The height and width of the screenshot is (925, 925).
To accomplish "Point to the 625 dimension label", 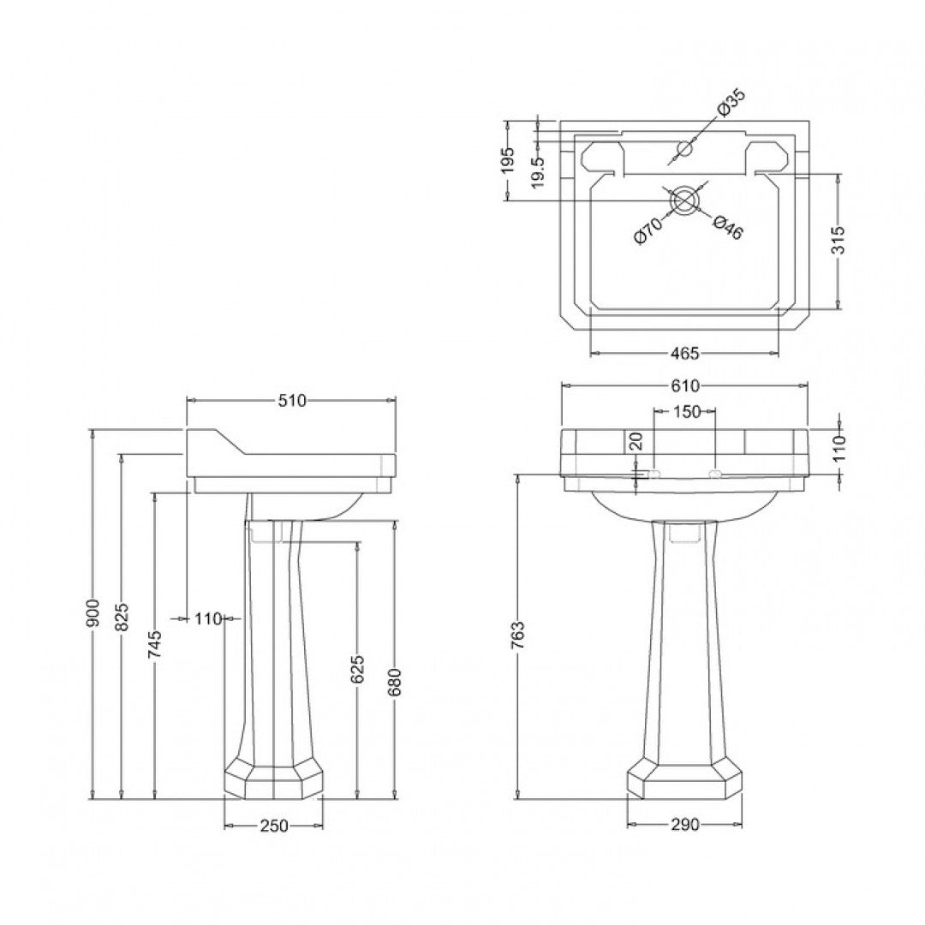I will [358, 670].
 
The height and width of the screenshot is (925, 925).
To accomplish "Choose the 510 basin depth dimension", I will [291, 401].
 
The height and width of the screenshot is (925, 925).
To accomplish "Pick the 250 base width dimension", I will [274, 826].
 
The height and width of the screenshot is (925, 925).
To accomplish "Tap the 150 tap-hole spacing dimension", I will [685, 412].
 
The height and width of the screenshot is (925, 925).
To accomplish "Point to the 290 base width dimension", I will [684, 825].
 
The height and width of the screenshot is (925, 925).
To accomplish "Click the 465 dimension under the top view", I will [685, 353].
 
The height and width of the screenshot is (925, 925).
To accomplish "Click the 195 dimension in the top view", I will [508, 159].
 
